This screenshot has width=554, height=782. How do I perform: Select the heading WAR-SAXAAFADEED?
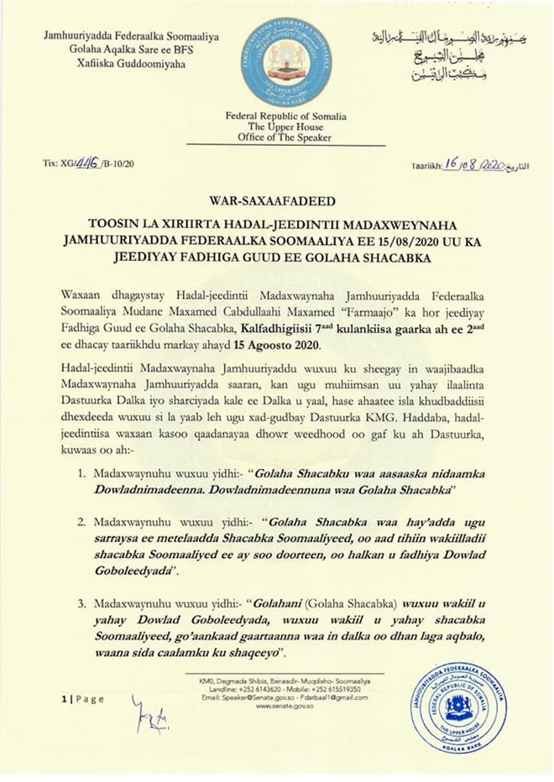(276, 201)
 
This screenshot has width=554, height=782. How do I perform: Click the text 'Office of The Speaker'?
(280, 138)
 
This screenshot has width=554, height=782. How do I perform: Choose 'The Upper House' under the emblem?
(280, 127)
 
